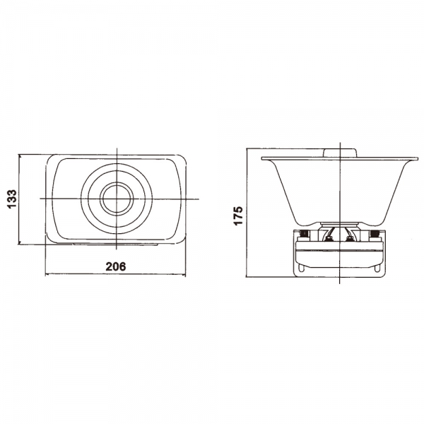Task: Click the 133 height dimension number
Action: [12, 199]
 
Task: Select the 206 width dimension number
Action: [116, 266]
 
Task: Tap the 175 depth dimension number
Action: [239, 216]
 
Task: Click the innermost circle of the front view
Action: [117, 199]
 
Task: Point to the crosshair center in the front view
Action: [117, 199]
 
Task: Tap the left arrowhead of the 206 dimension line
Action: [48, 275]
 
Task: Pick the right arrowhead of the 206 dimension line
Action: [183, 275]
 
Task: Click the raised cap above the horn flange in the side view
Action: [340, 153]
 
